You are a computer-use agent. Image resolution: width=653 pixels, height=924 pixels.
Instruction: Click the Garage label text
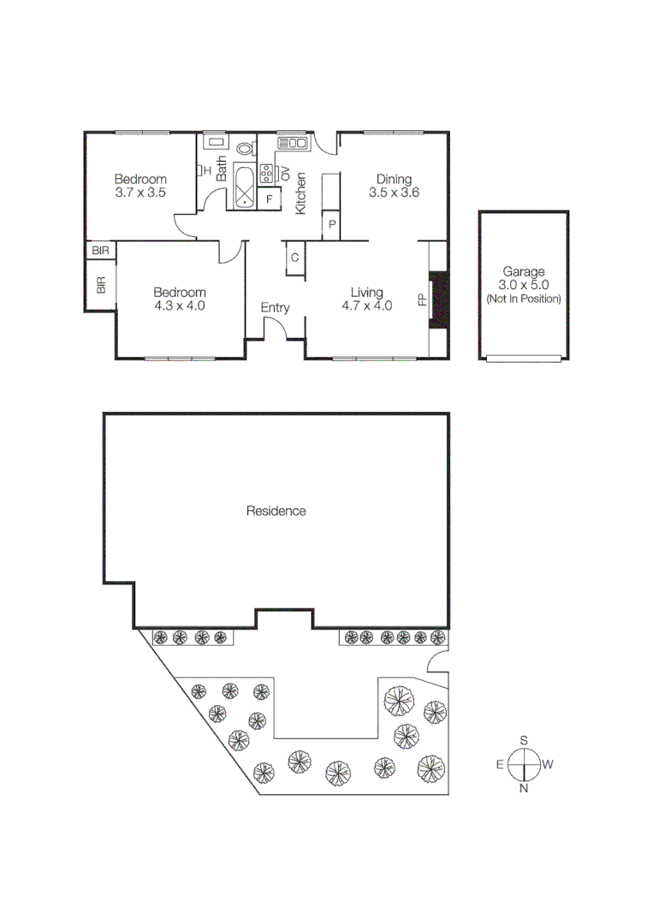pyautogui.click(x=523, y=271)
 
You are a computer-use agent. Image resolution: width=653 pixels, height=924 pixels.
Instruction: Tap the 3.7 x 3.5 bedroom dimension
pyautogui.click(x=140, y=193)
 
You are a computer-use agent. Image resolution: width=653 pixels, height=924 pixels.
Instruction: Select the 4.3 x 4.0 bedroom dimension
pyautogui.click(x=180, y=305)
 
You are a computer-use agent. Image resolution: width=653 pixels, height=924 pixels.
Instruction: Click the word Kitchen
pyautogui.click(x=301, y=193)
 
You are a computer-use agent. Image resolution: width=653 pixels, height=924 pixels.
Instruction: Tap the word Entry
pyautogui.click(x=276, y=308)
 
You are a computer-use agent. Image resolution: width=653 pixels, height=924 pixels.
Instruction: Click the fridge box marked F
pyautogui.click(x=270, y=199)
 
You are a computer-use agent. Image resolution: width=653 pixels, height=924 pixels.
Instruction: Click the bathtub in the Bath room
pyautogui.click(x=245, y=188)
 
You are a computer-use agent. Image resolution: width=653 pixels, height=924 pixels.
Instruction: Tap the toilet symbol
pyautogui.click(x=245, y=148)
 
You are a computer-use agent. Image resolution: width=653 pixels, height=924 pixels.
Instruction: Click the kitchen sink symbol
pyautogui.click(x=292, y=142)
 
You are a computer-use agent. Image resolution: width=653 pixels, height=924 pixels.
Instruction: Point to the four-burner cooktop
pyautogui.click(x=266, y=173)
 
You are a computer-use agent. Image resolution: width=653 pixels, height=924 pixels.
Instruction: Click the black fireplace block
pyautogui.click(x=438, y=299)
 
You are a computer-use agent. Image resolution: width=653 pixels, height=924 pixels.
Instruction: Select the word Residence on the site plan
pyautogui.click(x=276, y=511)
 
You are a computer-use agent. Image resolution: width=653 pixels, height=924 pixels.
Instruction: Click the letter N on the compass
pyautogui.click(x=523, y=788)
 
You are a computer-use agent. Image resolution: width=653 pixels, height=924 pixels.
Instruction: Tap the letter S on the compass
pyautogui.click(x=524, y=741)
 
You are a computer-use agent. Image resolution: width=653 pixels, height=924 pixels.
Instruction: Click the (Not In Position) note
pyautogui.click(x=523, y=299)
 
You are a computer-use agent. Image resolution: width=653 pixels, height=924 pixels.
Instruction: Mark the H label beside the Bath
pyautogui.click(x=207, y=170)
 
